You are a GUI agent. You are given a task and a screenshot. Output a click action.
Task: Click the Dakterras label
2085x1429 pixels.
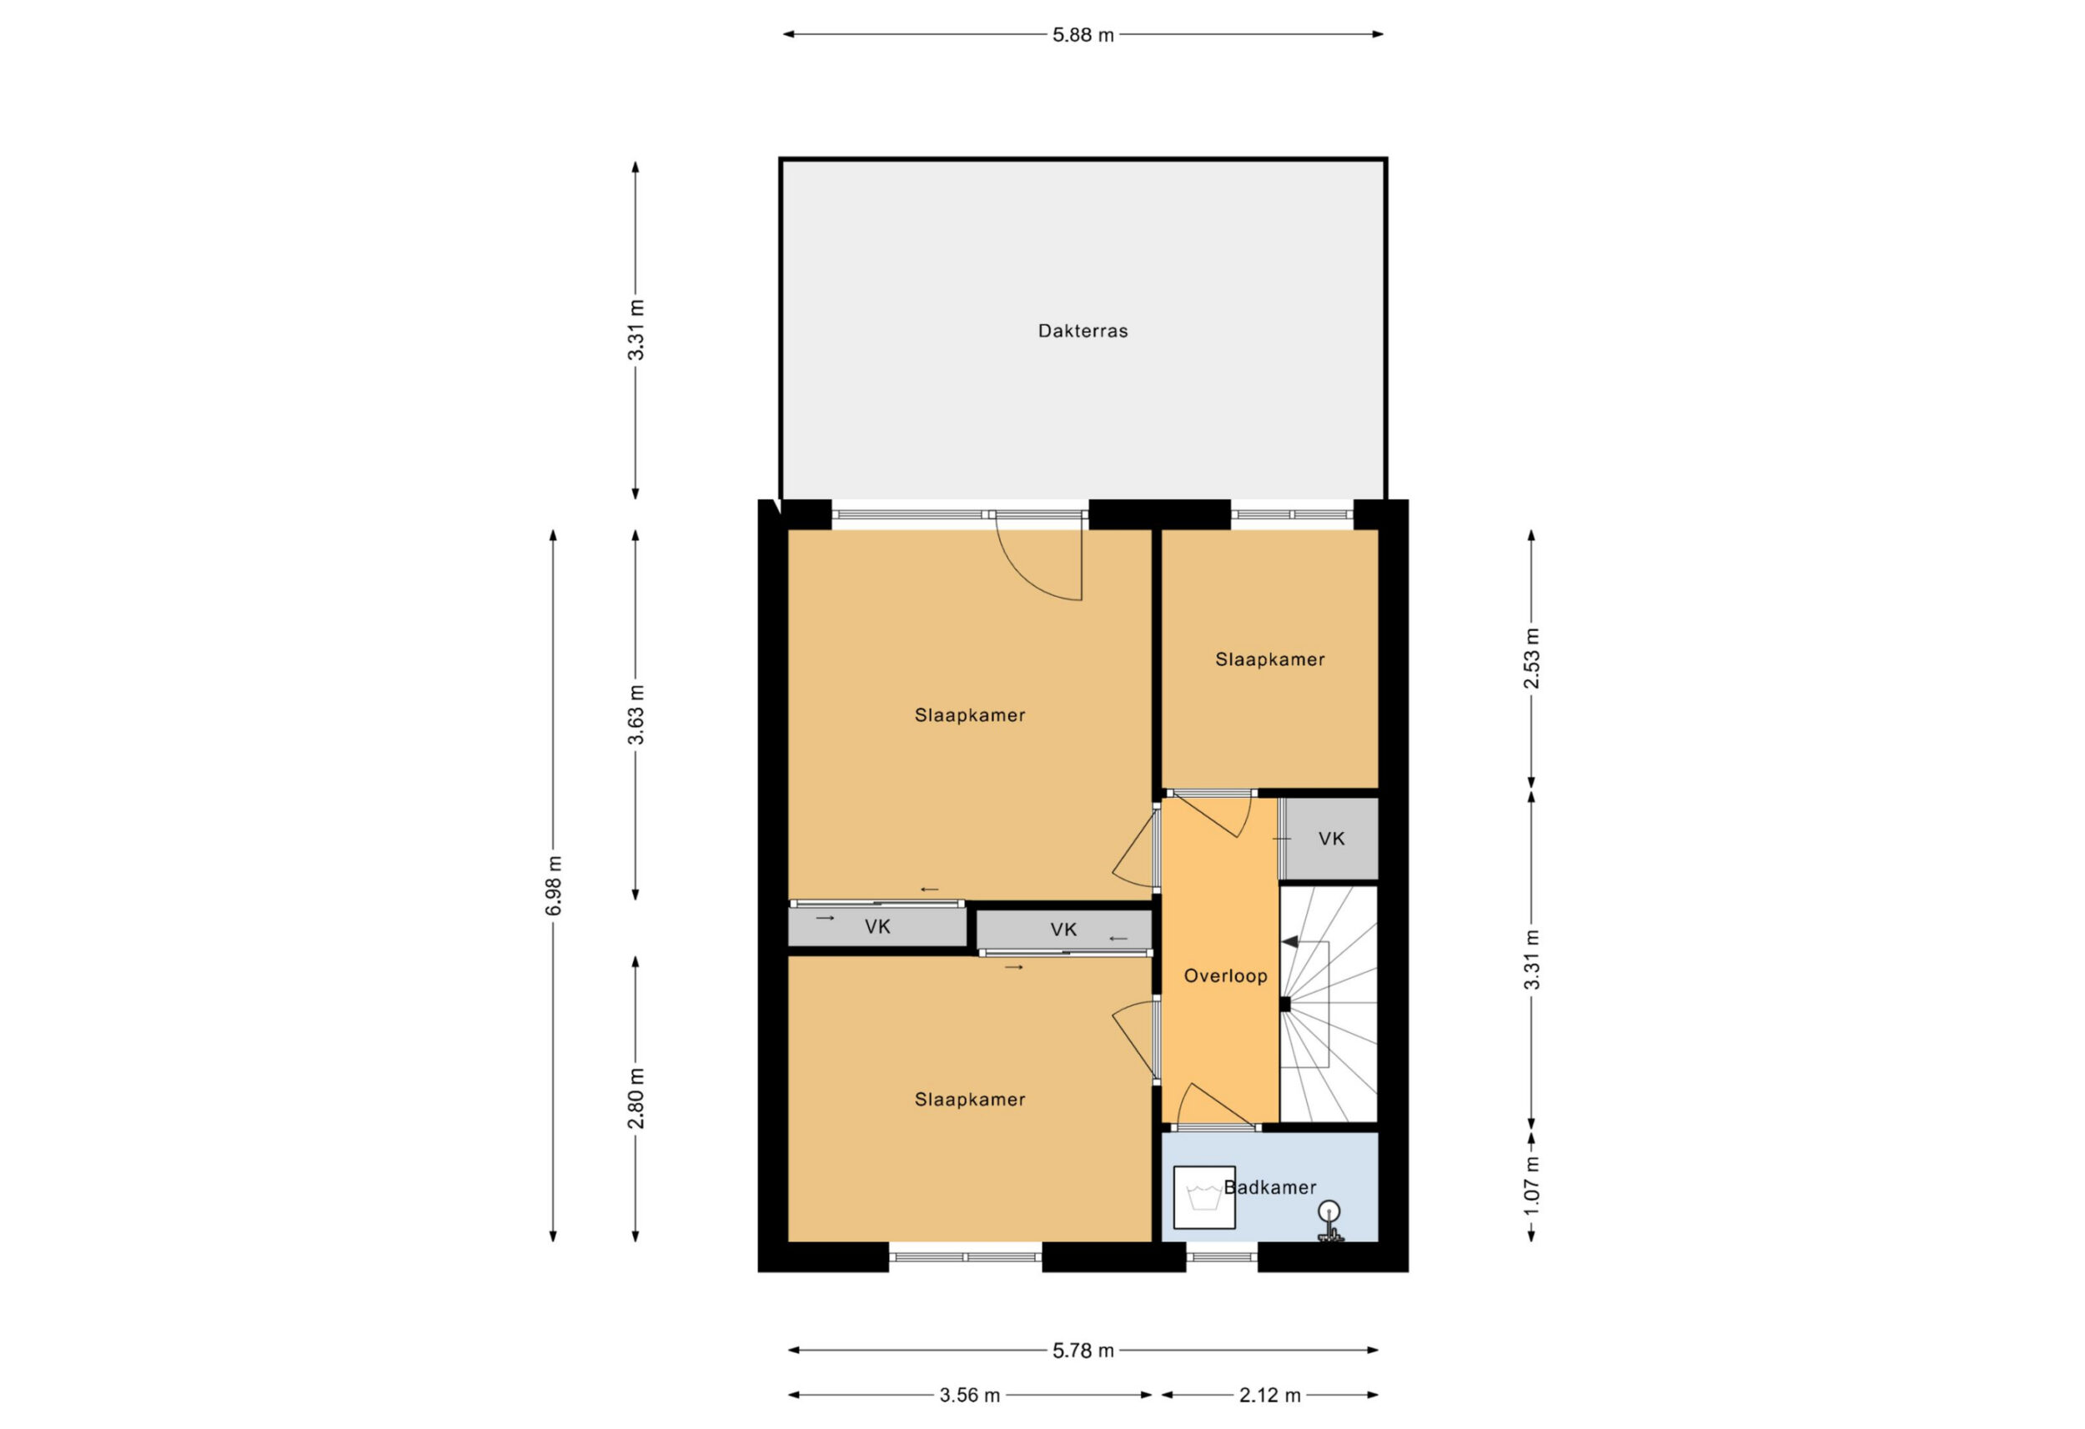(x=1083, y=331)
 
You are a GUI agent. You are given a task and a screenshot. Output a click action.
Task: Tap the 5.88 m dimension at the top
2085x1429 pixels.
(x=1083, y=35)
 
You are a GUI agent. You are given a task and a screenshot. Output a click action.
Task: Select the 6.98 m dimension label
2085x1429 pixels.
(x=555, y=885)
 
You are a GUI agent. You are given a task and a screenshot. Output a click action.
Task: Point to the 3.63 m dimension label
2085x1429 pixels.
(x=636, y=715)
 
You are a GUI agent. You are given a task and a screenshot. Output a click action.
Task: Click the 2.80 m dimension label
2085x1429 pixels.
(x=636, y=1098)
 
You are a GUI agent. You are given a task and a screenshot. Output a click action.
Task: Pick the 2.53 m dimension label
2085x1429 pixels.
(x=1531, y=658)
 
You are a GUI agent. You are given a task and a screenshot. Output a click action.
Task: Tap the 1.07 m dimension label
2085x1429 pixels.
(x=1531, y=1186)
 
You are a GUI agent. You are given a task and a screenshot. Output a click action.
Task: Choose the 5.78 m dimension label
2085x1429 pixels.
(x=1083, y=1350)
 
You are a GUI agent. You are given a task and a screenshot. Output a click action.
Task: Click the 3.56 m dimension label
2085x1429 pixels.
(x=969, y=1395)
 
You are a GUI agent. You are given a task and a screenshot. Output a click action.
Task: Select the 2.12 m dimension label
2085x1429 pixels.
(x=1269, y=1395)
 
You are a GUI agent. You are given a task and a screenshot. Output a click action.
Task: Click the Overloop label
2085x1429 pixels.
(x=1225, y=976)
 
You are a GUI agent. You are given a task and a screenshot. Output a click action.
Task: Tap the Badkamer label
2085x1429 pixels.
(x=1270, y=1186)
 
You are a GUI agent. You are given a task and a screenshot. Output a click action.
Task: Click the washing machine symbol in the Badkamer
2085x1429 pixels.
(x=1204, y=1196)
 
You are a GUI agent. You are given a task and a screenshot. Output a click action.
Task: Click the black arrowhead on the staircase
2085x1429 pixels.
(x=1290, y=942)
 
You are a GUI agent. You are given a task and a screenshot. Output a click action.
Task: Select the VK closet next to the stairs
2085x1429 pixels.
(x=1331, y=839)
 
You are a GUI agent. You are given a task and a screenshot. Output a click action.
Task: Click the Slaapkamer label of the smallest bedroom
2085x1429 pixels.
(x=1269, y=659)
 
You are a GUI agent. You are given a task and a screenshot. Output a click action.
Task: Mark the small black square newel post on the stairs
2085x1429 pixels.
(x=1284, y=1005)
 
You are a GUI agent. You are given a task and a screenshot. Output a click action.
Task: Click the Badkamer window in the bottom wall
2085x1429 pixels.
(x=1222, y=1256)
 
